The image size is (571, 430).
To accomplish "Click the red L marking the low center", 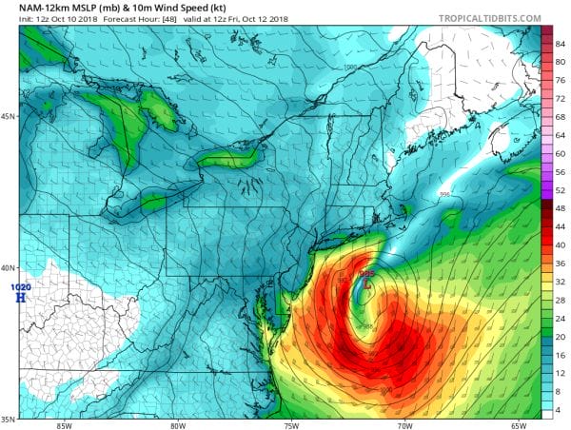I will pyautogui.click(x=367, y=283).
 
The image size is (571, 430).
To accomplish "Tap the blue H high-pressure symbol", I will pyautogui.click(x=21, y=297).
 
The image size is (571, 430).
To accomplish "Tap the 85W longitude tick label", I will pyautogui.click(x=65, y=425).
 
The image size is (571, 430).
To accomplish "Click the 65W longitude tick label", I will pyautogui.click(x=518, y=425).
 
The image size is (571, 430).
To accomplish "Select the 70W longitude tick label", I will pyautogui.click(x=404, y=425).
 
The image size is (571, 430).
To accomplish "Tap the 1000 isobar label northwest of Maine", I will pyautogui.click(x=350, y=68).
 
